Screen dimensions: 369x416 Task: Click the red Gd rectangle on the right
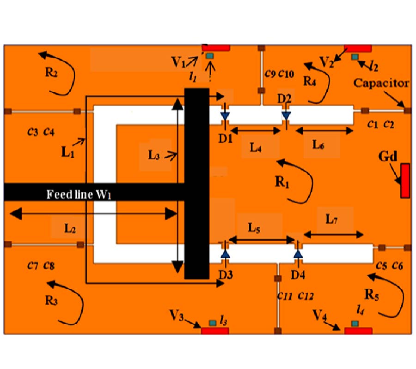405,181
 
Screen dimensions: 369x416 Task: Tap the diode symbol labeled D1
225,115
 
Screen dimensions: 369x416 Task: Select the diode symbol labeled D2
286,114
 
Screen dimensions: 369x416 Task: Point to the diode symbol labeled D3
226,254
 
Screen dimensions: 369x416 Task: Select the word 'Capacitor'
381,83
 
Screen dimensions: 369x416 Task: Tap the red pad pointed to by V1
216,48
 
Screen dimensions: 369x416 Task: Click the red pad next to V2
358,48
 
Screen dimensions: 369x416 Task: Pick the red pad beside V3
215,330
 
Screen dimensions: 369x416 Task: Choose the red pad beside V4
358,330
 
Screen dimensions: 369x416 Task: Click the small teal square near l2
355,56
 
